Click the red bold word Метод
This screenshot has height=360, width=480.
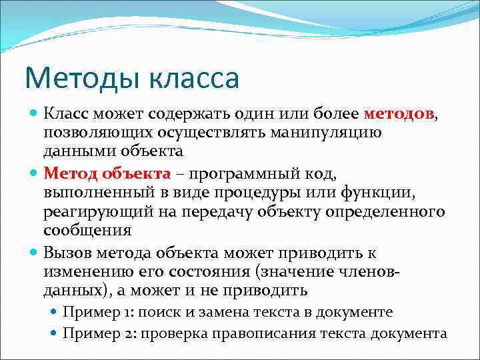click(x=71, y=175)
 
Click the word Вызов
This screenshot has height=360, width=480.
click(x=68, y=253)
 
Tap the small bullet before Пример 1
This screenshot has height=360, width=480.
click(x=55, y=312)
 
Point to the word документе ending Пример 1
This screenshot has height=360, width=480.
click(x=357, y=312)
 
